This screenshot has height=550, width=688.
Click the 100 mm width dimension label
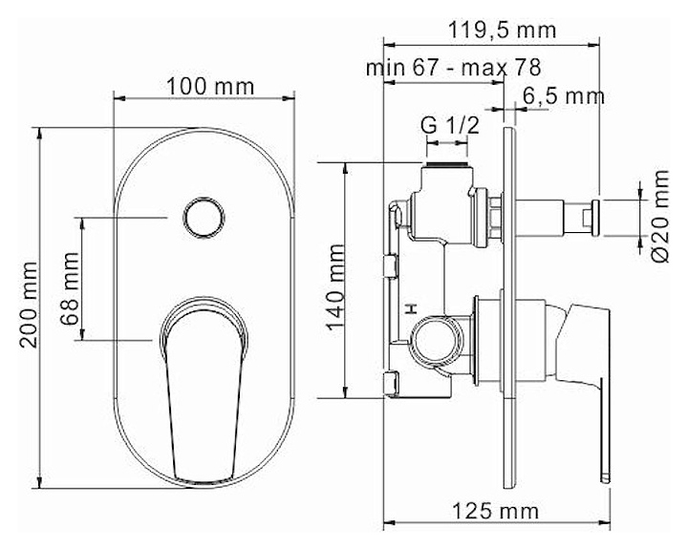(x=210, y=86)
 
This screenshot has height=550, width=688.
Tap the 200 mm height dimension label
(x=29, y=306)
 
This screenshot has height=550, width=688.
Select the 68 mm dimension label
(x=70, y=288)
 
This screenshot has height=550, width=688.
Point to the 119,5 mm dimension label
(x=502, y=31)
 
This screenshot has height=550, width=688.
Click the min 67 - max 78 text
(x=453, y=68)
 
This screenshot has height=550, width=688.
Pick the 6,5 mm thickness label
(x=564, y=96)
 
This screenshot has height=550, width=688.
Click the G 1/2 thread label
(x=450, y=126)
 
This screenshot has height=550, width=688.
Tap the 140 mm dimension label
(x=335, y=287)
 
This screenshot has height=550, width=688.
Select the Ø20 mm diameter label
(x=660, y=216)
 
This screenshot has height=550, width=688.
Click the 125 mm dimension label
(x=495, y=511)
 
